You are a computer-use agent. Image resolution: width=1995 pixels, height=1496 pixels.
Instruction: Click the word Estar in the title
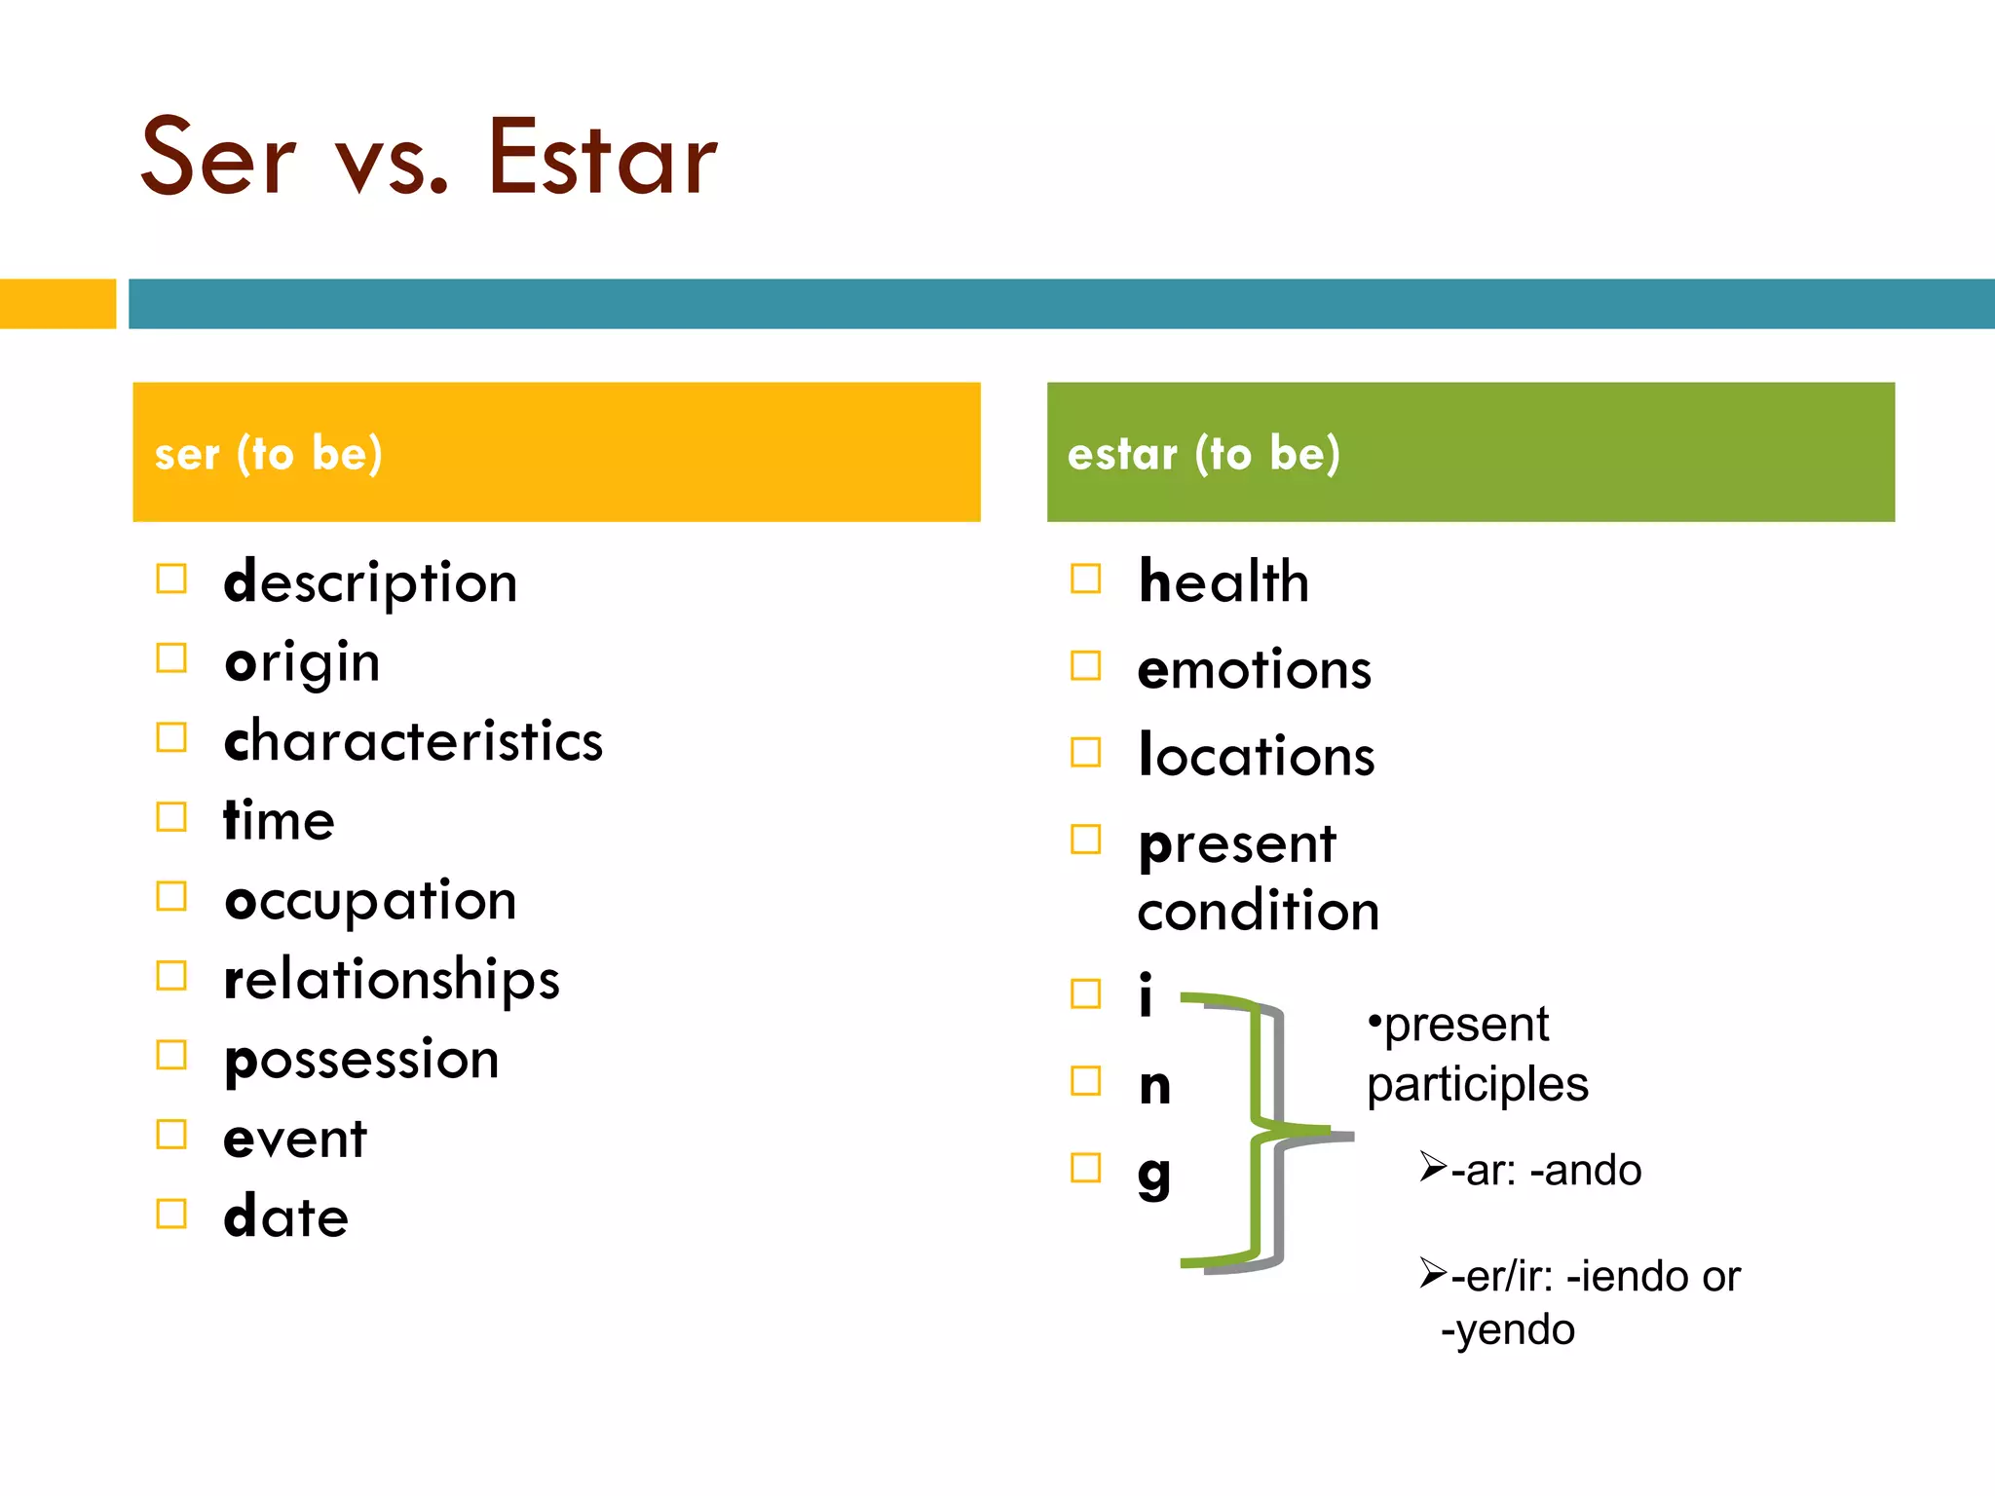[x=601, y=159]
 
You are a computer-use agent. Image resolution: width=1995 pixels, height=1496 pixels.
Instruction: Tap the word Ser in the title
[x=218, y=159]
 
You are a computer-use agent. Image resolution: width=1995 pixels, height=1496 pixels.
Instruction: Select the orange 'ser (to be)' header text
[x=268, y=454]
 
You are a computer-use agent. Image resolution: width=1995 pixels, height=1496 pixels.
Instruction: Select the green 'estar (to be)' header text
[x=1203, y=454]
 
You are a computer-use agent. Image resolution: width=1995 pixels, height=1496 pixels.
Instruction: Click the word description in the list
[x=370, y=583]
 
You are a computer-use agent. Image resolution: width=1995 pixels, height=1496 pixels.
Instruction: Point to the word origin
[x=302, y=663]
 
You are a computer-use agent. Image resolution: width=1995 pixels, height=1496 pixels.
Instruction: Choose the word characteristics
[x=413, y=741]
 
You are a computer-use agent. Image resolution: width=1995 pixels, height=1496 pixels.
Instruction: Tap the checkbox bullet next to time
[x=171, y=817]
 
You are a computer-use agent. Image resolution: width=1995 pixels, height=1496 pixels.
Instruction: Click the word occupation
[x=370, y=901]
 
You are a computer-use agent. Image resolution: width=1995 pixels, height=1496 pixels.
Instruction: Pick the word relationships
[x=392, y=980]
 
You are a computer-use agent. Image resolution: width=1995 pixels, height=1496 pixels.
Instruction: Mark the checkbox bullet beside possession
[x=171, y=1055]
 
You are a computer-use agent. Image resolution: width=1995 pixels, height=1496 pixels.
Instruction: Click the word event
[x=295, y=1139]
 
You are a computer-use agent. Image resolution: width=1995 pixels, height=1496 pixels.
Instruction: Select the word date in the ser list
[x=285, y=1217]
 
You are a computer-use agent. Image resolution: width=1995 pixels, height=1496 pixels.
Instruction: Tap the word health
[x=1223, y=582]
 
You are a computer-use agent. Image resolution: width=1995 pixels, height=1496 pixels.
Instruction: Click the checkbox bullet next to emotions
[x=1085, y=666]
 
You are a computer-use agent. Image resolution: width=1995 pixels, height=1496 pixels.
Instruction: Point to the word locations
[x=1257, y=756]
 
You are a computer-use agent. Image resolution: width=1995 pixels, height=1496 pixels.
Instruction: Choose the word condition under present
[x=1258, y=912]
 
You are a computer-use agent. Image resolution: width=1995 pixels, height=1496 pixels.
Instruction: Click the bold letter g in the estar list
[x=1154, y=1175]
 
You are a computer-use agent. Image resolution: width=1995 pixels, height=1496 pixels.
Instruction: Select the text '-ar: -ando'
[x=1545, y=1171]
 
